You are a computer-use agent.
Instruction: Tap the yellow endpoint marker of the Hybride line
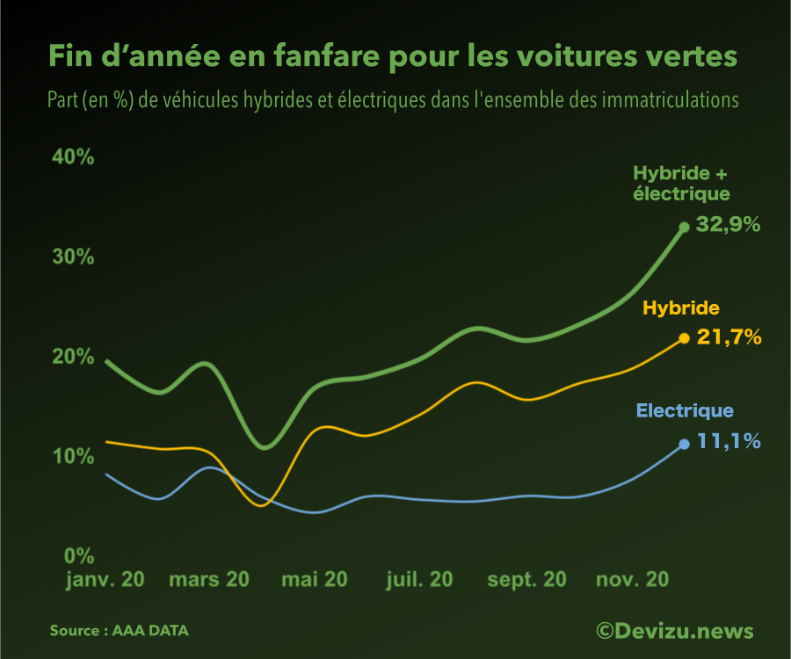[684, 338]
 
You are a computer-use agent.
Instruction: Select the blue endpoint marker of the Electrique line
[684, 444]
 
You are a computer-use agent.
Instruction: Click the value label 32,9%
[728, 225]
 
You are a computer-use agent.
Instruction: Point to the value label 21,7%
[729, 337]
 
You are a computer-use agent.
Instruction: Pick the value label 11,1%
[729, 441]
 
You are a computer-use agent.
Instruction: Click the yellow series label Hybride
[681, 308]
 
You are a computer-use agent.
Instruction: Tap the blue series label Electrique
[685, 411]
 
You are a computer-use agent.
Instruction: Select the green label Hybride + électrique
[682, 184]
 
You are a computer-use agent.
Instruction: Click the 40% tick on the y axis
[73, 157]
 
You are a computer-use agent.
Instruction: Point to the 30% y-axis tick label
[73, 257]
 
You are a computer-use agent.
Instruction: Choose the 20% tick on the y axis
[73, 357]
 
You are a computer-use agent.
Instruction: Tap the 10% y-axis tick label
[73, 456]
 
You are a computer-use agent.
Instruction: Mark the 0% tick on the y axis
[78, 555]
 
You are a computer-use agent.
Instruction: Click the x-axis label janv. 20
[105, 580]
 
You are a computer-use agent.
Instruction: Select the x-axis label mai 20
[314, 580]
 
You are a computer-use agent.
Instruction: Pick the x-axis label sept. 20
[526, 580]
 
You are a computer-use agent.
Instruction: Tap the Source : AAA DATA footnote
[119, 631]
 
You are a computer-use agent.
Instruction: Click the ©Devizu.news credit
[674, 631]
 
